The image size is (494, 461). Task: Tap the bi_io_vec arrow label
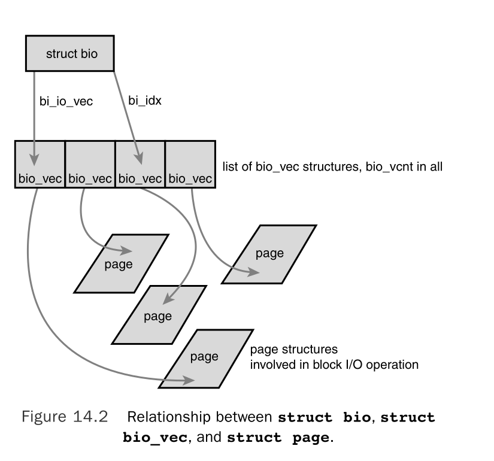coord(62,102)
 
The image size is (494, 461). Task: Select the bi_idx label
coord(145,100)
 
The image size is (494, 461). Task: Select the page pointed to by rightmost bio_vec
coord(269,253)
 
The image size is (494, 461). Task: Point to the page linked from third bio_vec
coord(158,316)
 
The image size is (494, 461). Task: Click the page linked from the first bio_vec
coord(204,357)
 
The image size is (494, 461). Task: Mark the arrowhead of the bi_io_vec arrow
coord(34,159)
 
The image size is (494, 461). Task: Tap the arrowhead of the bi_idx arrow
coord(139,159)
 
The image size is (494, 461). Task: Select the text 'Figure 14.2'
coord(65,417)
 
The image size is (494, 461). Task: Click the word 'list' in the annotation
coord(230,166)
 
